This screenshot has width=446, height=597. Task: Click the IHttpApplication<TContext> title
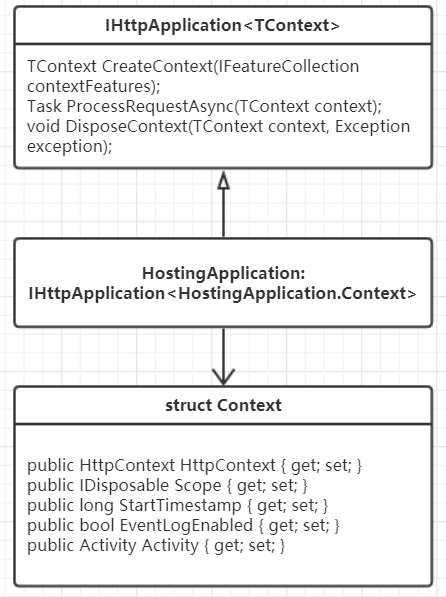222,26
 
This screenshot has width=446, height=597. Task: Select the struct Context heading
223,405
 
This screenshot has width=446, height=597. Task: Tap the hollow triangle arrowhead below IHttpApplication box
224,180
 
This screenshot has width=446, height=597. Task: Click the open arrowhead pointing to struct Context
224,377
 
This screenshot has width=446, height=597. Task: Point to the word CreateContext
157,66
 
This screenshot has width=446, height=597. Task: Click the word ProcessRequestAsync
150,106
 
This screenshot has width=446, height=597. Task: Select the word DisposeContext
127,126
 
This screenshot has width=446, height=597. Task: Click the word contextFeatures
90,86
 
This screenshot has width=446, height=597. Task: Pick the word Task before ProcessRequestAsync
44,106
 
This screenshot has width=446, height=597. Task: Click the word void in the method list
43,126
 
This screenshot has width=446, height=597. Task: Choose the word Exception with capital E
372,126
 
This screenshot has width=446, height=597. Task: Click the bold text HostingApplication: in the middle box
224,273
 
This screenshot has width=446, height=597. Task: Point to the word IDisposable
124,485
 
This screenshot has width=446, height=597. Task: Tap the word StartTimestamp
180,506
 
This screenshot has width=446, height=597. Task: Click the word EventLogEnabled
186,525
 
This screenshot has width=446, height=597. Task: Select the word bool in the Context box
97,525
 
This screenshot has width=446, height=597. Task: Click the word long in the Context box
96,506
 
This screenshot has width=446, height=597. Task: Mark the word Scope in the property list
198,485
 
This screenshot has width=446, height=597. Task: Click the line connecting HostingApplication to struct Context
224,356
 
